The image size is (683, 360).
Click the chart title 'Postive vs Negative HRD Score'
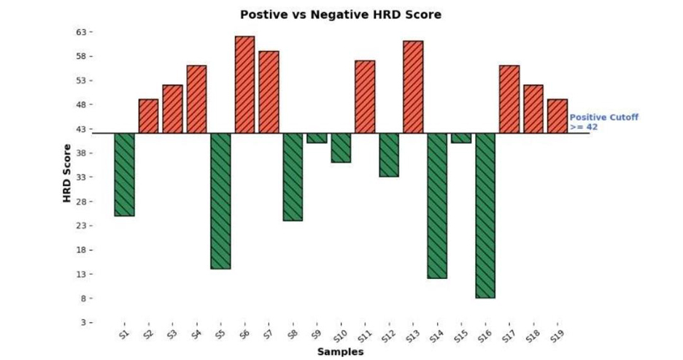341,15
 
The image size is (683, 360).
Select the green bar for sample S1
124,175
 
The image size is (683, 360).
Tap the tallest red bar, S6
244,85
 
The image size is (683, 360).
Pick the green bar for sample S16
485,215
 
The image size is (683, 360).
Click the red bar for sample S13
413,87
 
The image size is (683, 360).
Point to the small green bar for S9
317,138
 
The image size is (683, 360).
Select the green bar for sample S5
220,201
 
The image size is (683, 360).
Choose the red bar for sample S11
365,96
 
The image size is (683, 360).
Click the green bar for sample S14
437,205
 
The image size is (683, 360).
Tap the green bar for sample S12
389,155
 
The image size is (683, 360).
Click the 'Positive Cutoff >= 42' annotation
593,122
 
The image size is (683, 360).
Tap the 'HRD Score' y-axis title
66,173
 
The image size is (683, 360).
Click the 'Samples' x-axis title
340,352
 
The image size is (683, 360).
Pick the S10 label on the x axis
340,336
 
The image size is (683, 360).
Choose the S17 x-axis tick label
508,336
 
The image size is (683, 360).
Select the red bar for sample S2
148,116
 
